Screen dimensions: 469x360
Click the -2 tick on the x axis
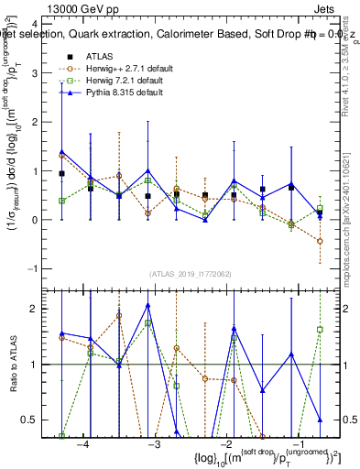223,444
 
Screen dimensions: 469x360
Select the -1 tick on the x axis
293,444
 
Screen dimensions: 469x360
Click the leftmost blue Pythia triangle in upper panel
61,152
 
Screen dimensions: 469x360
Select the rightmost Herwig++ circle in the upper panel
320,241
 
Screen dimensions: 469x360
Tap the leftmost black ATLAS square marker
61,173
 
